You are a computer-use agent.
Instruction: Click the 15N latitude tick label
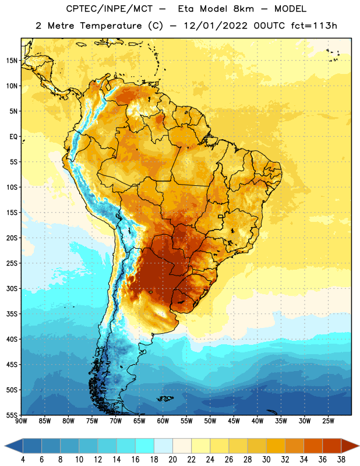point(12,61)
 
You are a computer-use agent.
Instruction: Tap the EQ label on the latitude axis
point(13,137)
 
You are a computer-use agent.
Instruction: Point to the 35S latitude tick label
point(12,314)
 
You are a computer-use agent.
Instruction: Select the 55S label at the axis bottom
point(12,415)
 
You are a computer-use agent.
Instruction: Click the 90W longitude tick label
point(21,421)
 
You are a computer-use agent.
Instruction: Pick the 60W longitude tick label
point(163,421)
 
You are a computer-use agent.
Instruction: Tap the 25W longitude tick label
point(328,421)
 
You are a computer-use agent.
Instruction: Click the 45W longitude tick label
point(234,421)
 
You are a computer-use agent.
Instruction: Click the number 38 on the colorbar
point(341,460)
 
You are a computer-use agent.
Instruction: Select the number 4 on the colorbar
point(23,460)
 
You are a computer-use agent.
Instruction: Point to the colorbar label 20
point(172,460)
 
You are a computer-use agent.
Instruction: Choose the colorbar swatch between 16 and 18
point(145,446)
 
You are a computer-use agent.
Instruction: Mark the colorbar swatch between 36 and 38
point(332,446)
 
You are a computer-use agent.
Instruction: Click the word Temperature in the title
point(111,26)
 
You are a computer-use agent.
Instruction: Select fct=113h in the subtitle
point(314,26)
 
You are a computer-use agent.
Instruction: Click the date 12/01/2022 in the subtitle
point(216,26)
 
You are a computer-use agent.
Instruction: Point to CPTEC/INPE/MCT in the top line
point(109,9)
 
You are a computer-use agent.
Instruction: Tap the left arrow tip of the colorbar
point(5,446)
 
